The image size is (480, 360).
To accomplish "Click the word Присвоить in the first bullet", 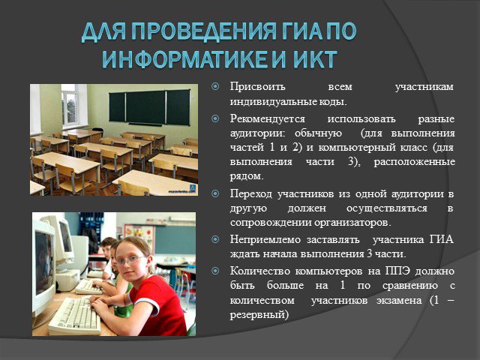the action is (257, 87).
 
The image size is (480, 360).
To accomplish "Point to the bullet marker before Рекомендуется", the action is (215, 118).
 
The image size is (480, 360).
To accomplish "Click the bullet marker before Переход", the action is (215, 193).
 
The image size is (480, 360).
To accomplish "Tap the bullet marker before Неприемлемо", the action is (215, 238).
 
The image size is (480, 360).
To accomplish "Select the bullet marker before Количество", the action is (215, 271).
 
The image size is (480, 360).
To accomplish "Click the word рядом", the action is (245, 177).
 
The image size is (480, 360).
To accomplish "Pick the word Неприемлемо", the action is (265, 239).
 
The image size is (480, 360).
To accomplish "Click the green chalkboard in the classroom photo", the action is (149, 107).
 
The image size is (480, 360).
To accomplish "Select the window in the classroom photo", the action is (70, 105).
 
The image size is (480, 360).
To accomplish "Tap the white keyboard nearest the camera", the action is (75, 316).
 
